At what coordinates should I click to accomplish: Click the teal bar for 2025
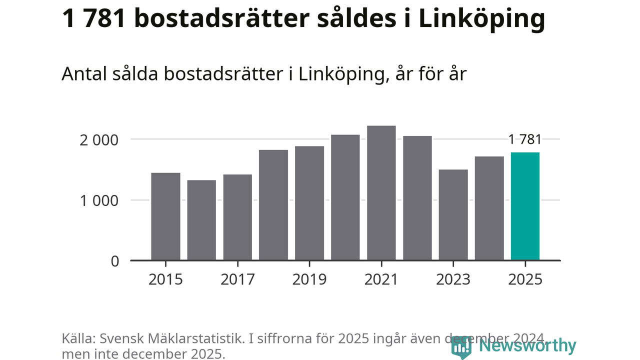click(525, 206)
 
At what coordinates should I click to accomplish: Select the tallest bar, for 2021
click(381, 193)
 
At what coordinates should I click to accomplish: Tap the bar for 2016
click(201, 220)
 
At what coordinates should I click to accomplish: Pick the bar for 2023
click(453, 215)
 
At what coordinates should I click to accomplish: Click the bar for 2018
click(273, 205)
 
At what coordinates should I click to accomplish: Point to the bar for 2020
click(345, 197)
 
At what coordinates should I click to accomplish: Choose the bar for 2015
click(165, 216)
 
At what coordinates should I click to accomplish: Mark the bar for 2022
click(417, 198)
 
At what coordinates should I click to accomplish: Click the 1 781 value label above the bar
click(525, 139)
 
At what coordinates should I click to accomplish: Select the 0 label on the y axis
click(115, 261)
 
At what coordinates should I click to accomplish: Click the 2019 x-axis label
click(309, 279)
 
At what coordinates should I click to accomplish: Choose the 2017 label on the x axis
click(237, 279)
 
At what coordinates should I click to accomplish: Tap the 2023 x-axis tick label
click(453, 279)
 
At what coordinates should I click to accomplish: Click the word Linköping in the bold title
click(481, 19)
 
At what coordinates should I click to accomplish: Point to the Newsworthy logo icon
click(461, 346)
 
